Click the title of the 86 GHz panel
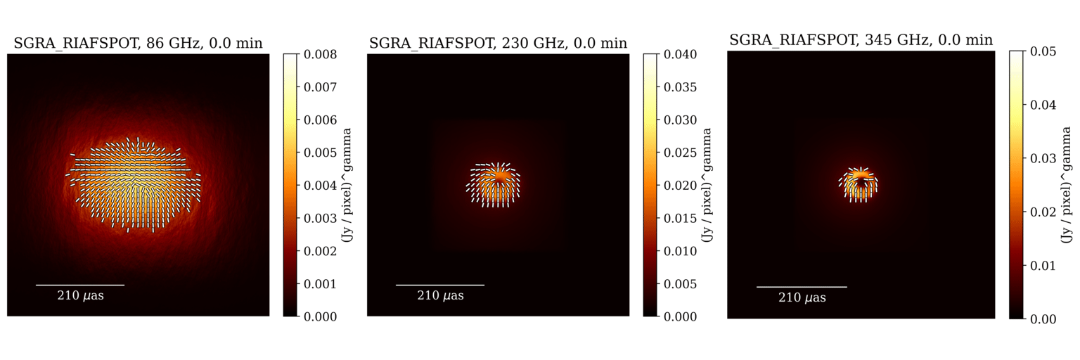coord(138,44)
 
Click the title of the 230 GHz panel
coord(498,44)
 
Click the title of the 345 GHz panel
coord(861,40)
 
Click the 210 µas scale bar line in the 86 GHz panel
coord(80,285)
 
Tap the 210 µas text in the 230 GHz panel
coord(440,296)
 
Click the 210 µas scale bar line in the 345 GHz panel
coord(802,287)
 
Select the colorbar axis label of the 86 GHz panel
coord(347,186)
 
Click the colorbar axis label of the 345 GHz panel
coord(1067,186)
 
